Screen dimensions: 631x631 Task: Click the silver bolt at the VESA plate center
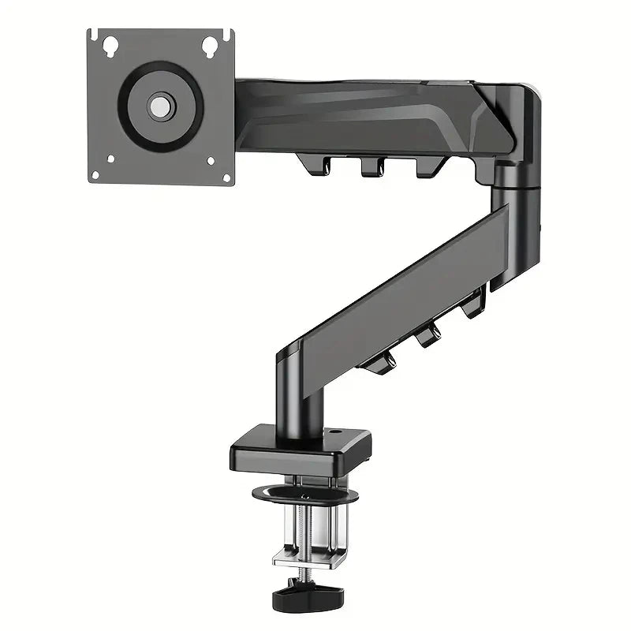pyautogui.click(x=161, y=106)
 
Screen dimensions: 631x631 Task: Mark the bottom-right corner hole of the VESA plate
pyautogui.click(x=211, y=161)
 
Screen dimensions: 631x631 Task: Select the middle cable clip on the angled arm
pyautogui.click(x=428, y=335)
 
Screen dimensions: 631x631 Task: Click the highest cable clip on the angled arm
pyautogui.click(x=474, y=304)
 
